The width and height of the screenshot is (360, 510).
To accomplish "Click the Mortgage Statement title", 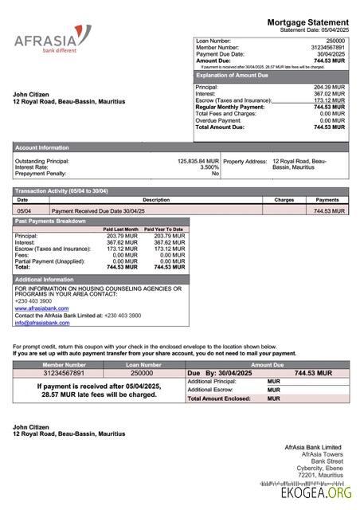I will click(307, 22).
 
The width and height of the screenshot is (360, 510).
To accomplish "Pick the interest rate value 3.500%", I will click(209, 167).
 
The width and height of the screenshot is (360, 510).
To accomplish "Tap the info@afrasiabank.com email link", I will click(41, 323).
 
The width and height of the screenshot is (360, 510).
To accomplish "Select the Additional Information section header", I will click(45, 280).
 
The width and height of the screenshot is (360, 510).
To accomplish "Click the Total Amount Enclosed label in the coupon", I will click(218, 398).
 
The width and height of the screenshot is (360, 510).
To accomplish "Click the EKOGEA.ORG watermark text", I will click(316, 493).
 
